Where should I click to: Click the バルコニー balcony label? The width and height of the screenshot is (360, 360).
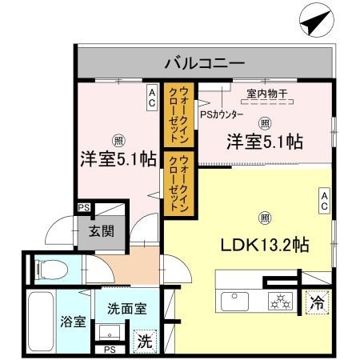(x=204, y=61)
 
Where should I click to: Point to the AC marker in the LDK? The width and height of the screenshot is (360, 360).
(x=324, y=200)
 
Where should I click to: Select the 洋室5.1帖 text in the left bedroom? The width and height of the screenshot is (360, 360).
(x=117, y=158)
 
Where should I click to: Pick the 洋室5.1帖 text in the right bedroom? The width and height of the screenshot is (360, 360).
(x=263, y=142)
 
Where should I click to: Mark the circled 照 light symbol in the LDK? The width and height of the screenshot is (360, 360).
(x=263, y=215)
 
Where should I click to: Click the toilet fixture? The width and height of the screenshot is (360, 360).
(x=46, y=269)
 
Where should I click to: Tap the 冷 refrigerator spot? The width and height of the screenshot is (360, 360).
(x=316, y=303)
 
